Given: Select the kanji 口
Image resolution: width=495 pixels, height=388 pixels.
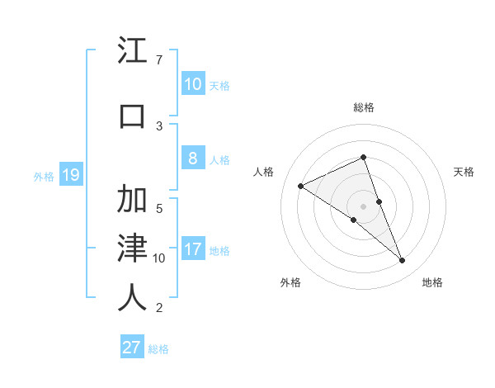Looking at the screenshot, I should pyautogui.click(x=133, y=116).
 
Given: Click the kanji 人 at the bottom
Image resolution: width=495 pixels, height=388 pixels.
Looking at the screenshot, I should pyautogui.click(x=133, y=297).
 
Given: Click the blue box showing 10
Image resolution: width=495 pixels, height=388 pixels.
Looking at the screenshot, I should pyautogui.click(x=192, y=84).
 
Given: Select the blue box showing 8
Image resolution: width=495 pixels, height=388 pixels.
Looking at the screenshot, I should pyautogui.click(x=192, y=159).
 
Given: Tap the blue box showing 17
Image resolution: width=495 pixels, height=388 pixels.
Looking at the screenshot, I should pyautogui.click(x=192, y=250).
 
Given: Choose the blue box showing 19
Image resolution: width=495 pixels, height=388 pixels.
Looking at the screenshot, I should pyautogui.click(x=70, y=175).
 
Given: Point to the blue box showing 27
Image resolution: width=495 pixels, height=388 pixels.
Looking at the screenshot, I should pyautogui.click(x=132, y=348).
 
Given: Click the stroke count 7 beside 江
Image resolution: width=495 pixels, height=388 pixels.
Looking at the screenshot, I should pyautogui.click(x=158, y=60).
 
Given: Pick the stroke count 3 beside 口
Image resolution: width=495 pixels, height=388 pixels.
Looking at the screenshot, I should pyautogui.click(x=158, y=125).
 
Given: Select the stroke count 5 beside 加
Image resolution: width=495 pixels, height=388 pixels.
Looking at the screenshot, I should pyautogui.click(x=158, y=208).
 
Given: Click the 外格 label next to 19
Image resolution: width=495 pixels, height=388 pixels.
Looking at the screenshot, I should pyautogui.click(x=43, y=176).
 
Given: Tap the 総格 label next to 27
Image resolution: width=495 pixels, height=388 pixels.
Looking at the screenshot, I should pyautogui.click(x=158, y=349).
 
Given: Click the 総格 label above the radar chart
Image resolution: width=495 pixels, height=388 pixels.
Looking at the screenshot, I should pyautogui.click(x=363, y=107).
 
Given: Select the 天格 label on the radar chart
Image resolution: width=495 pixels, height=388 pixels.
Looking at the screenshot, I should pyautogui.click(x=464, y=172).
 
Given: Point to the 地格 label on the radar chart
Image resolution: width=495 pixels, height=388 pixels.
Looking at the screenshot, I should pyautogui.click(x=432, y=282).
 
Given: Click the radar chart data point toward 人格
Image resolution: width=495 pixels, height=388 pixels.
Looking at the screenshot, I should pyautogui.click(x=301, y=187).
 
